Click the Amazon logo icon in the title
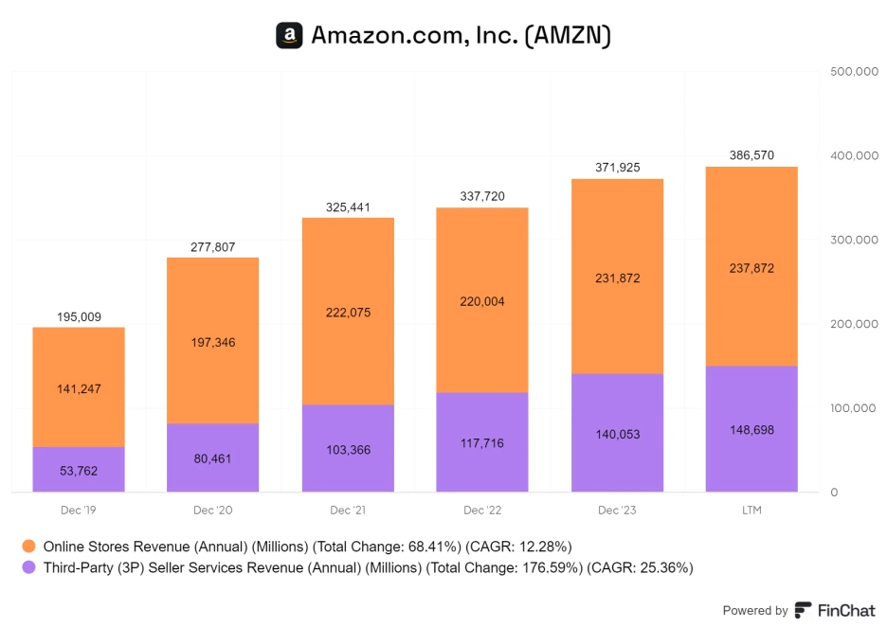(289, 36)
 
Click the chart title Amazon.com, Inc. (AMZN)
(461, 36)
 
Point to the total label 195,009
(79, 316)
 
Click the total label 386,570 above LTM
(751, 155)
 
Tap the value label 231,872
(617, 278)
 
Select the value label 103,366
(348, 450)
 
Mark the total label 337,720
(482, 197)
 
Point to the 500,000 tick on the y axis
(854, 71)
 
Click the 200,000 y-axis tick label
(854, 324)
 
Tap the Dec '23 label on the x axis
(617, 511)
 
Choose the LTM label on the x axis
(751, 511)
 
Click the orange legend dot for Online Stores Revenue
(28, 547)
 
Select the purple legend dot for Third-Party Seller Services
(28, 568)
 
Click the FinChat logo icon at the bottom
(803, 610)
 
